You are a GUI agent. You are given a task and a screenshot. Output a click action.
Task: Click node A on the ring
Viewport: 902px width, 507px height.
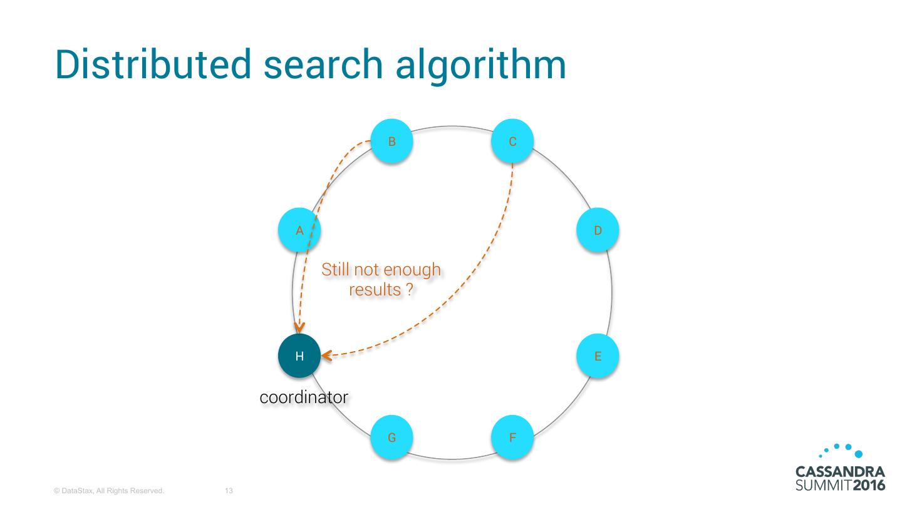tap(299, 230)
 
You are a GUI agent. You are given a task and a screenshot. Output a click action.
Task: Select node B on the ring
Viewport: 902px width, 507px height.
tap(391, 141)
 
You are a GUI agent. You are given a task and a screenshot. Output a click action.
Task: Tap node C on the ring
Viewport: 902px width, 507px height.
tap(512, 141)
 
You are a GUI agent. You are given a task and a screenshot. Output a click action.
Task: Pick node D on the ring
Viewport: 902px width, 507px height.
tap(598, 230)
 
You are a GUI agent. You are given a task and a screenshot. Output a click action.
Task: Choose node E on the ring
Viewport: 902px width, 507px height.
tap(598, 356)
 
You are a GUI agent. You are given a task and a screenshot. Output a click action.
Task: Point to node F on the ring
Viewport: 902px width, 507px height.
tap(512, 438)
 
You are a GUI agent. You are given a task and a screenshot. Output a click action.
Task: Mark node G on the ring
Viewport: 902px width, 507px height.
tap(391, 438)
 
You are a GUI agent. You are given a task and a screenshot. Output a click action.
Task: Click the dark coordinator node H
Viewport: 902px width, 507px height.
tap(299, 356)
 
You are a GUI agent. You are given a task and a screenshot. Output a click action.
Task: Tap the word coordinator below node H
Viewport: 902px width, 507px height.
tap(304, 397)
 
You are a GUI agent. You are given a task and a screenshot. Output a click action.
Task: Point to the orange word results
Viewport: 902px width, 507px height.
tap(372, 290)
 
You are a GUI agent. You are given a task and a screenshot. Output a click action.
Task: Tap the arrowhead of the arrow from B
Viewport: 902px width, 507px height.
tap(300, 327)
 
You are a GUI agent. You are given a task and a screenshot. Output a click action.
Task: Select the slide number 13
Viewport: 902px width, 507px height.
tap(229, 491)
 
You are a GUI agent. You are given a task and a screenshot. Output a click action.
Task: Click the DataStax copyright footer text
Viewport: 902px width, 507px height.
tap(109, 491)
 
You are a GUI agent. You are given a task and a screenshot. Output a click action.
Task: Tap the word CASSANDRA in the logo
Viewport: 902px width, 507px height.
tap(840, 471)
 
